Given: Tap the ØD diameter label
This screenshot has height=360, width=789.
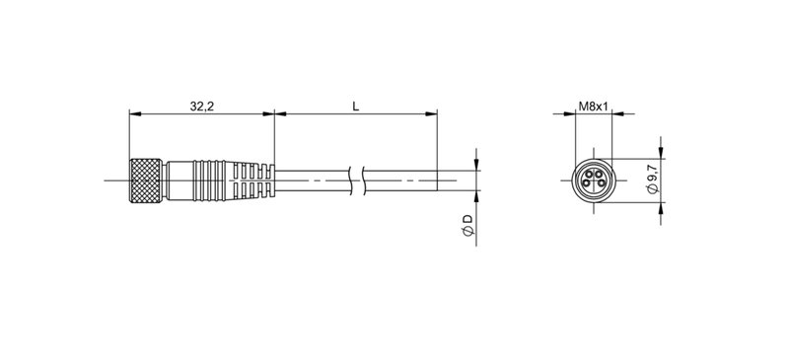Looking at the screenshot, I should [468, 225].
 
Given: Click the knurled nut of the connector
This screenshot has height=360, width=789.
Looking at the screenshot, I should [146, 180].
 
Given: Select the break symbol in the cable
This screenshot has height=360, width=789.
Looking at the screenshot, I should [363, 180].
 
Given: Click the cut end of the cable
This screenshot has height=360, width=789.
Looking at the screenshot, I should [437, 180].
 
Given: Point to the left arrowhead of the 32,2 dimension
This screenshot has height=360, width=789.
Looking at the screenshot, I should [134, 114].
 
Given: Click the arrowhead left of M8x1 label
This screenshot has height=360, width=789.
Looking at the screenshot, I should [569, 114].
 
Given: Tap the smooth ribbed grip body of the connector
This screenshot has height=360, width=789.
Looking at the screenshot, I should [202, 180].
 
